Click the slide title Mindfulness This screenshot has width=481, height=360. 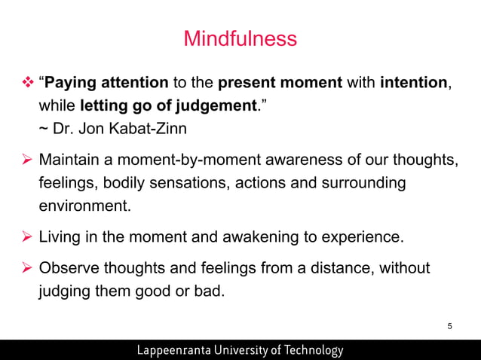(240, 38)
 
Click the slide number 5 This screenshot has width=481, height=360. (449, 325)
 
